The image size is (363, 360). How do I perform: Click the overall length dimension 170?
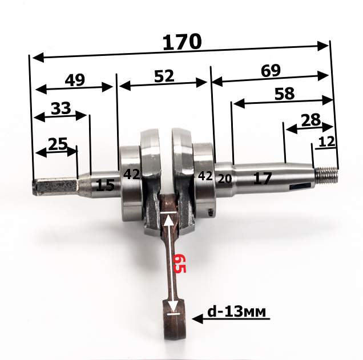point(182,42)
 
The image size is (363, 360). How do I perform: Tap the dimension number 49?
point(75,80)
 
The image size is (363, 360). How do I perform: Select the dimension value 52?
point(164,76)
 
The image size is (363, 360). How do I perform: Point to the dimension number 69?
point(271,70)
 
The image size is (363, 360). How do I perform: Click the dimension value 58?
point(284,94)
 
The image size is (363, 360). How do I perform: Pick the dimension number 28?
point(311,120)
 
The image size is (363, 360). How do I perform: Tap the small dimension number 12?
point(326,141)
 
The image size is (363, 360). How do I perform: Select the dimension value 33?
point(61,108)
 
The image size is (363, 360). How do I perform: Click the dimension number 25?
point(58,144)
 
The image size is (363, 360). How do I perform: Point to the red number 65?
point(179,263)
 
